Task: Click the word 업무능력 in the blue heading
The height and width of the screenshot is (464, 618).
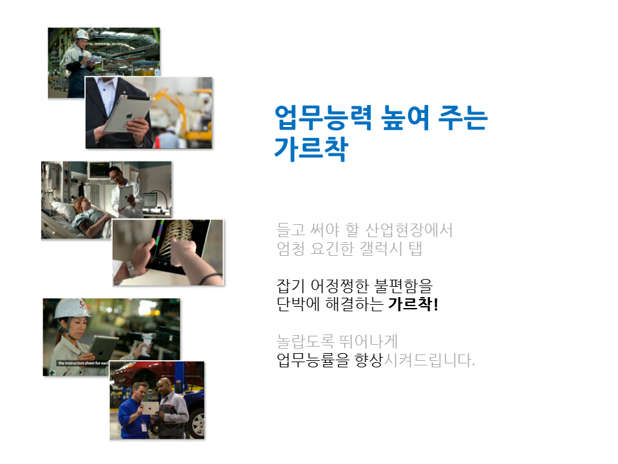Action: point(323,118)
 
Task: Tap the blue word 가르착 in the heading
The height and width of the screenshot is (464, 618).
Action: point(312,149)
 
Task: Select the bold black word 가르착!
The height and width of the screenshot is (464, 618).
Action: point(413,304)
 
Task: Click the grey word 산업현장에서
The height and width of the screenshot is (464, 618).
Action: point(409,229)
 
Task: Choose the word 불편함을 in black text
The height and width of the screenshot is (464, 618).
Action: point(403,285)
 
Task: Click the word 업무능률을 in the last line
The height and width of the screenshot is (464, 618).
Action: point(313,360)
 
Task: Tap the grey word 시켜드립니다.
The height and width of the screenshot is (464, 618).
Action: point(429,360)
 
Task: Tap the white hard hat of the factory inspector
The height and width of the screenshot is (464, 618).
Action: point(82,34)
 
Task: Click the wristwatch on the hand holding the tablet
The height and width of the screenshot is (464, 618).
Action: point(131,269)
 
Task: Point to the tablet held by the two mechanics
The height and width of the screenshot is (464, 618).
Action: point(150,408)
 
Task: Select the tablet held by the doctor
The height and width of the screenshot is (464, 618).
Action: point(126,195)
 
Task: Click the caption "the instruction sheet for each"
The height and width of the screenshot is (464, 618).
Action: point(83,363)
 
